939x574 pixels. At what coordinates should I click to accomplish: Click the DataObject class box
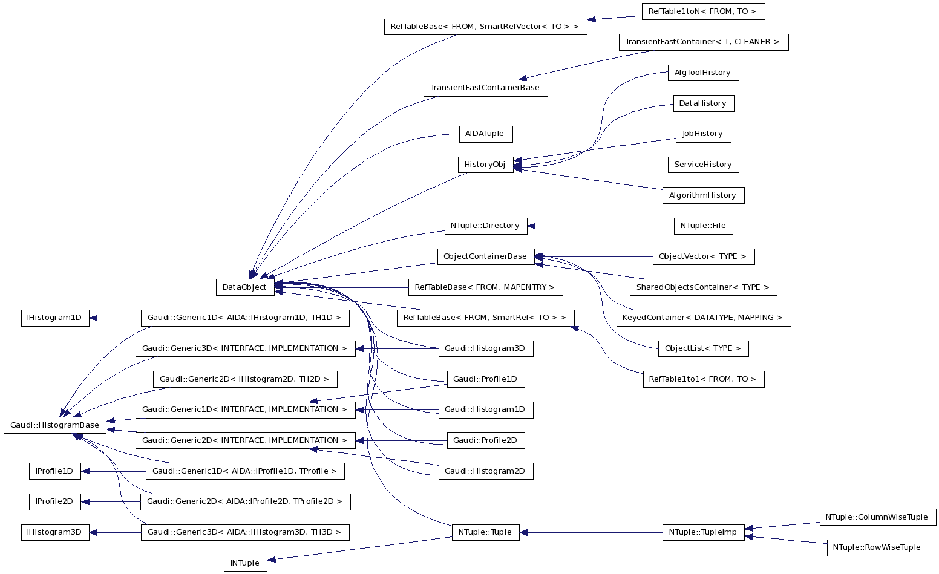tap(244, 287)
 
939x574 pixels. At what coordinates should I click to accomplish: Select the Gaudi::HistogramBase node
tap(54, 425)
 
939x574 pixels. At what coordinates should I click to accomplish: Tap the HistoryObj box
tap(485, 165)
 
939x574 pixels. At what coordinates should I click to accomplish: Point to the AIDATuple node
tap(485, 134)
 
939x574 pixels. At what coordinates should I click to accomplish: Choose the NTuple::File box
tap(703, 226)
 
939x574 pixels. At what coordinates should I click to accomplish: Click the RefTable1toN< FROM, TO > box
tap(702, 11)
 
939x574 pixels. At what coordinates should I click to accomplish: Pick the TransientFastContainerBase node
tap(485, 88)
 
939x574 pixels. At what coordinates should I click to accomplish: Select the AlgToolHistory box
tap(702, 73)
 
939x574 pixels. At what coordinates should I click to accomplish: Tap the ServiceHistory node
tap(703, 165)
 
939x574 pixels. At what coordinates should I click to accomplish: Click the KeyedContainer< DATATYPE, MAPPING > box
tap(703, 318)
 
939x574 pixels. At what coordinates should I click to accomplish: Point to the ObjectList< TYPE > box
tap(703, 348)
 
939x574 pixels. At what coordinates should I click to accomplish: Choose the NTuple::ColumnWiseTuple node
tap(877, 517)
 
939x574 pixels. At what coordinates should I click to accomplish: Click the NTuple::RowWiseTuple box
tap(877, 547)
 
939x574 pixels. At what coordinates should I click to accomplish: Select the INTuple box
tap(245, 563)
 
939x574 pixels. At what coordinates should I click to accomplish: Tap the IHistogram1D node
tap(54, 318)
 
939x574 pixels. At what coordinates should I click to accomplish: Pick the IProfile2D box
tap(54, 501)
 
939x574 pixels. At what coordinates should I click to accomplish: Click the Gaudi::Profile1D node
tap(485, 379)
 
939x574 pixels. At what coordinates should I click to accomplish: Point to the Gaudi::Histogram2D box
tap(485, 471)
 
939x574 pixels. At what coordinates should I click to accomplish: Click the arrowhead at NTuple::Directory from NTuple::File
tap(532, 226)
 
